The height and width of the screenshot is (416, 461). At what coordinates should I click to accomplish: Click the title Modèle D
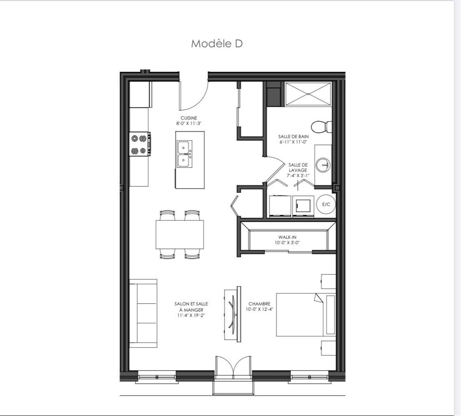217,44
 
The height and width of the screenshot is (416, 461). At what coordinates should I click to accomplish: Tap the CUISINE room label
189,118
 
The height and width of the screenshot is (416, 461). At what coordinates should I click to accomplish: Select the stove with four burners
140,144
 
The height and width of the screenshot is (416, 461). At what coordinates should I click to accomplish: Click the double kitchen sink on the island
184,154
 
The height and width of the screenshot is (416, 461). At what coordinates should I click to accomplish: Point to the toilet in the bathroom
321,126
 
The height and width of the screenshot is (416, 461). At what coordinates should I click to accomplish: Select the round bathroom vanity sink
322,165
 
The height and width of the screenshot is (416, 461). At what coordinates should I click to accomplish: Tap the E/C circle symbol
326,204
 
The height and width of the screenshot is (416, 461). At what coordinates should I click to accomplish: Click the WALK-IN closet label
287,237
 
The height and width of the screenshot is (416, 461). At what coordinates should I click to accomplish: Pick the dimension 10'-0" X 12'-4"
259,309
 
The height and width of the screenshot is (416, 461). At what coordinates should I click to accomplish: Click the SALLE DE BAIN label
294,136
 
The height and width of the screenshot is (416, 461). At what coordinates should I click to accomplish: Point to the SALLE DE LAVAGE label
298,167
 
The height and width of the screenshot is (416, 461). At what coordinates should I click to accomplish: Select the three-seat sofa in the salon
143,313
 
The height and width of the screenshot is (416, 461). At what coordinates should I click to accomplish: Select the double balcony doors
233,368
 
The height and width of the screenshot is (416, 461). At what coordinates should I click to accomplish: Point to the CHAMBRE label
259,304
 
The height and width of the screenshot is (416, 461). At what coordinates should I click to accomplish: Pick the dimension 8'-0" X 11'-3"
189,123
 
